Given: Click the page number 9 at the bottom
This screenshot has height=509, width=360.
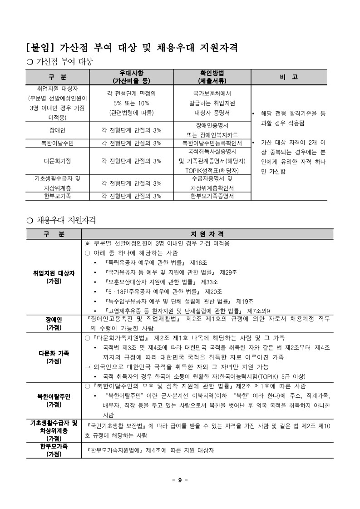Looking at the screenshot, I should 180,481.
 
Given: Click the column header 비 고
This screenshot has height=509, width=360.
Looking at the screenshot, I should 289,77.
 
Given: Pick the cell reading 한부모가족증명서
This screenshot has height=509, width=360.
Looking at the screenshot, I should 212,196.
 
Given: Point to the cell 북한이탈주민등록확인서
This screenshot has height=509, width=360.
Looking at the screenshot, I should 212,143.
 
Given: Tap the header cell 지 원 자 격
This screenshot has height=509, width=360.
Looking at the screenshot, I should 207,234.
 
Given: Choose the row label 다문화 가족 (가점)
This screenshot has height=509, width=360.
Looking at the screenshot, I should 54,357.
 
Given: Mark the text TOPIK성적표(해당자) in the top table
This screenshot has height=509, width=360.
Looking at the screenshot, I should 212,171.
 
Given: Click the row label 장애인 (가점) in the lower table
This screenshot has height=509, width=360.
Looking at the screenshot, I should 54,323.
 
